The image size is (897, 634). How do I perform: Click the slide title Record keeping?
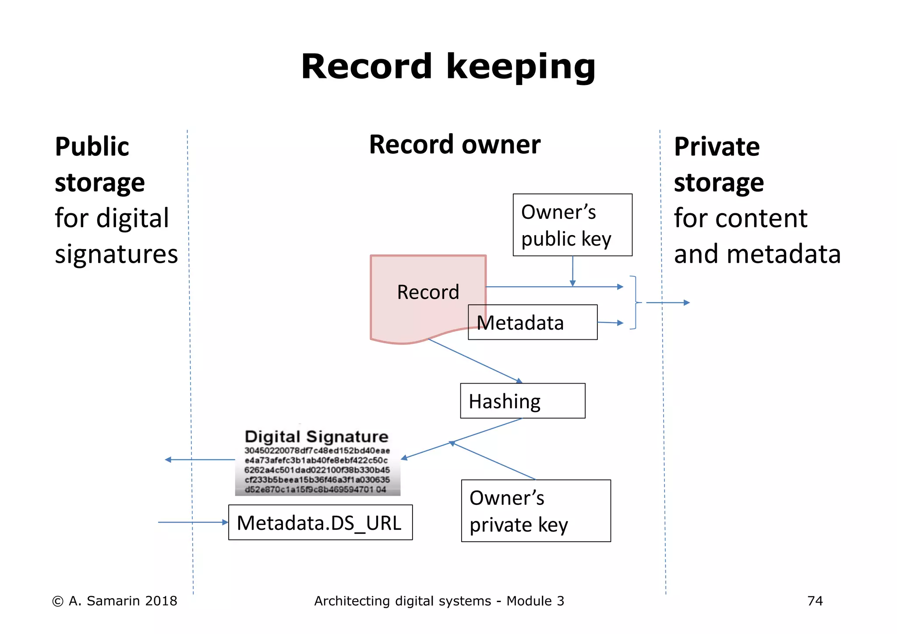pyautogui.click(x=448, y=67)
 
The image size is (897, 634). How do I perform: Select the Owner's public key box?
pyautogui.click(x=572, y=225)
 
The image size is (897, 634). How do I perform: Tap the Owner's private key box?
pyautogui.click(x=535, y=511)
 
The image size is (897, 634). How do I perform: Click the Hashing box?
pyautogui.click(x=522, y=401)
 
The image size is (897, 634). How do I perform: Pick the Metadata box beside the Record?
pyautogui.click(x=532, y=322)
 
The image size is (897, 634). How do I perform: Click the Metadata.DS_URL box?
pyautogui.click(x=320, y=522)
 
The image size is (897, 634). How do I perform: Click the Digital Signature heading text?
pyautogui.click(x=316, y=437)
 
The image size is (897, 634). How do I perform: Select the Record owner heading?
pyautogui.click(x=455, y=144)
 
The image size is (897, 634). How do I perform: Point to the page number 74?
pyautogui.click(x=815, y=601)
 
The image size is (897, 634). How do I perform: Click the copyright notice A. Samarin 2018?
pyautogui.click(x=115, y=601)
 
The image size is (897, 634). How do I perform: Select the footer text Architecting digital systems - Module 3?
pyautogui.click(x=439, y=601)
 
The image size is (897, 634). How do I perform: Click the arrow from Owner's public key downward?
pyautogui.click(x=572, y=271)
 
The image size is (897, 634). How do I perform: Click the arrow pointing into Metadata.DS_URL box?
pyautogui.click(x=193, y=522)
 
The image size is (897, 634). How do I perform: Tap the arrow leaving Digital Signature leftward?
pyautogui.click(x=199, y=459)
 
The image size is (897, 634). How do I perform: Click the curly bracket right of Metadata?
pyautogui.click(x=635, y=302)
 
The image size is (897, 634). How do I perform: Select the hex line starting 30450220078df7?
pyautogui.click(x=317, y=451)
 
